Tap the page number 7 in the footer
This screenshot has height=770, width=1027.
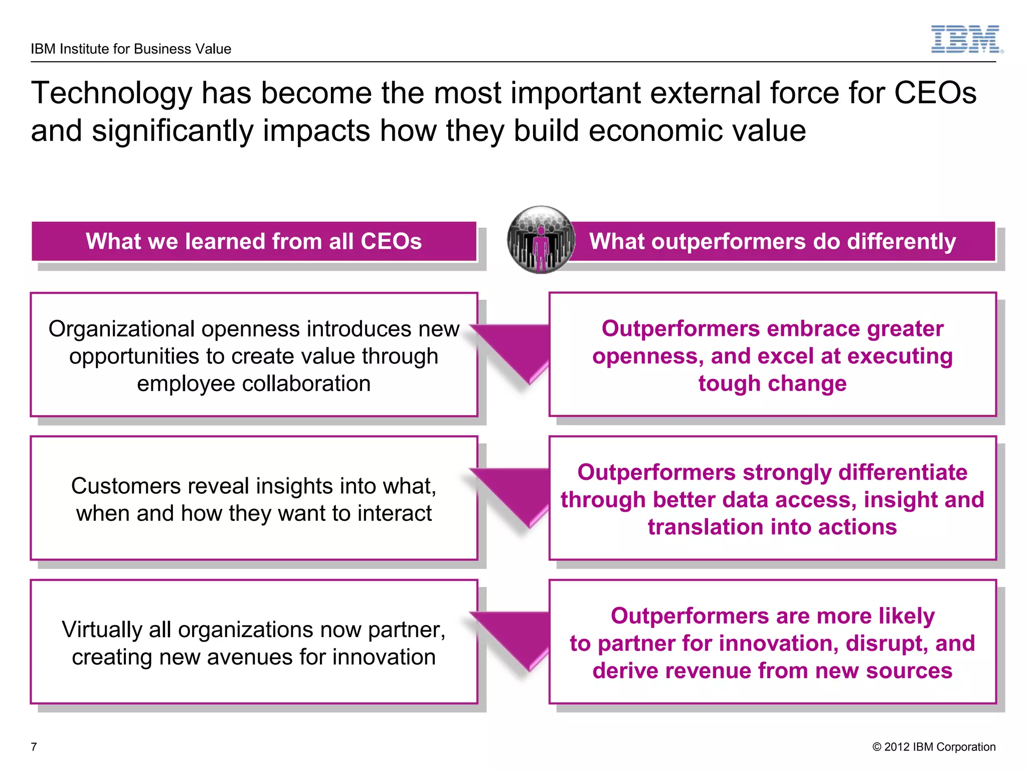point(34,746)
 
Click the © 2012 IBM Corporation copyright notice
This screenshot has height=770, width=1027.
point(933,746)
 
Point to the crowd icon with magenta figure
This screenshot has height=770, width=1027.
point(541,240)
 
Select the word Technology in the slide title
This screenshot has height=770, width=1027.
point(111,94)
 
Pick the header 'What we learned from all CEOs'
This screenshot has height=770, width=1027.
point(254,241)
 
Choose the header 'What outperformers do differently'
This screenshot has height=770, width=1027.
point(772,241)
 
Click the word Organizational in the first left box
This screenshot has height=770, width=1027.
point(121,329)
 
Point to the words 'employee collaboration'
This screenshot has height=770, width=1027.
point(254,384)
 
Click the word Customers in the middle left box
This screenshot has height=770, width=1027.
point(125,486)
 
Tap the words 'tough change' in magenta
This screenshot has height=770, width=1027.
point(772,384)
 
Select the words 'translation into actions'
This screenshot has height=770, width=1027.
point(772,527)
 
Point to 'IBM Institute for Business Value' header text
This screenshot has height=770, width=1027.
point(131,49)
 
